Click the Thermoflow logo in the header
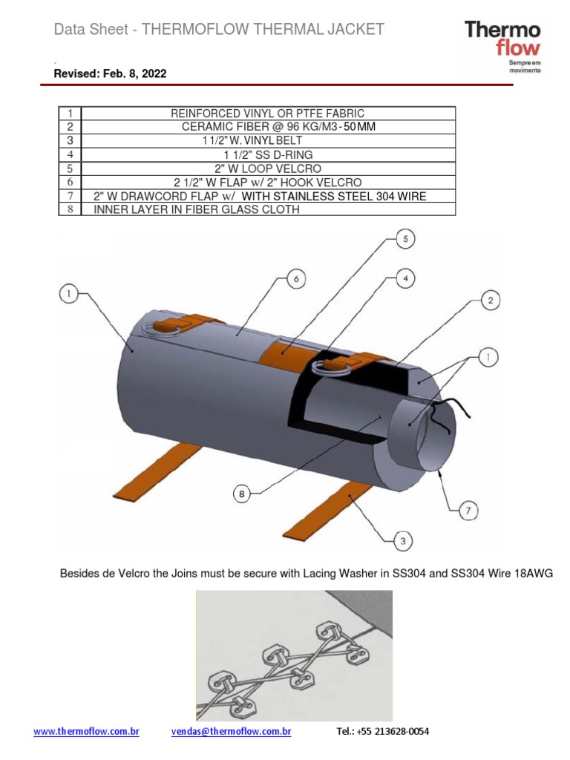tap(502, 45)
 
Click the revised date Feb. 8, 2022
tap(110, 73)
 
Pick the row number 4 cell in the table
tap(70, 154)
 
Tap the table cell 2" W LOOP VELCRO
tap(268, 168)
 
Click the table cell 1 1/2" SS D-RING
tap(268, 154)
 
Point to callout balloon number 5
tap(405, 239)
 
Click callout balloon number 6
tap(295, 279)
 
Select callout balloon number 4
tap(405, 278)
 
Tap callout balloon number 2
tap(489, 301)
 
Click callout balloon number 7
tap(468, 511)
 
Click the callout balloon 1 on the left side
tap(69, 295)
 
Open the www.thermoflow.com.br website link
tap(87, 732)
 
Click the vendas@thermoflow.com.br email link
tap(231, 732)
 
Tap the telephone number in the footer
tap(382, 732)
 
